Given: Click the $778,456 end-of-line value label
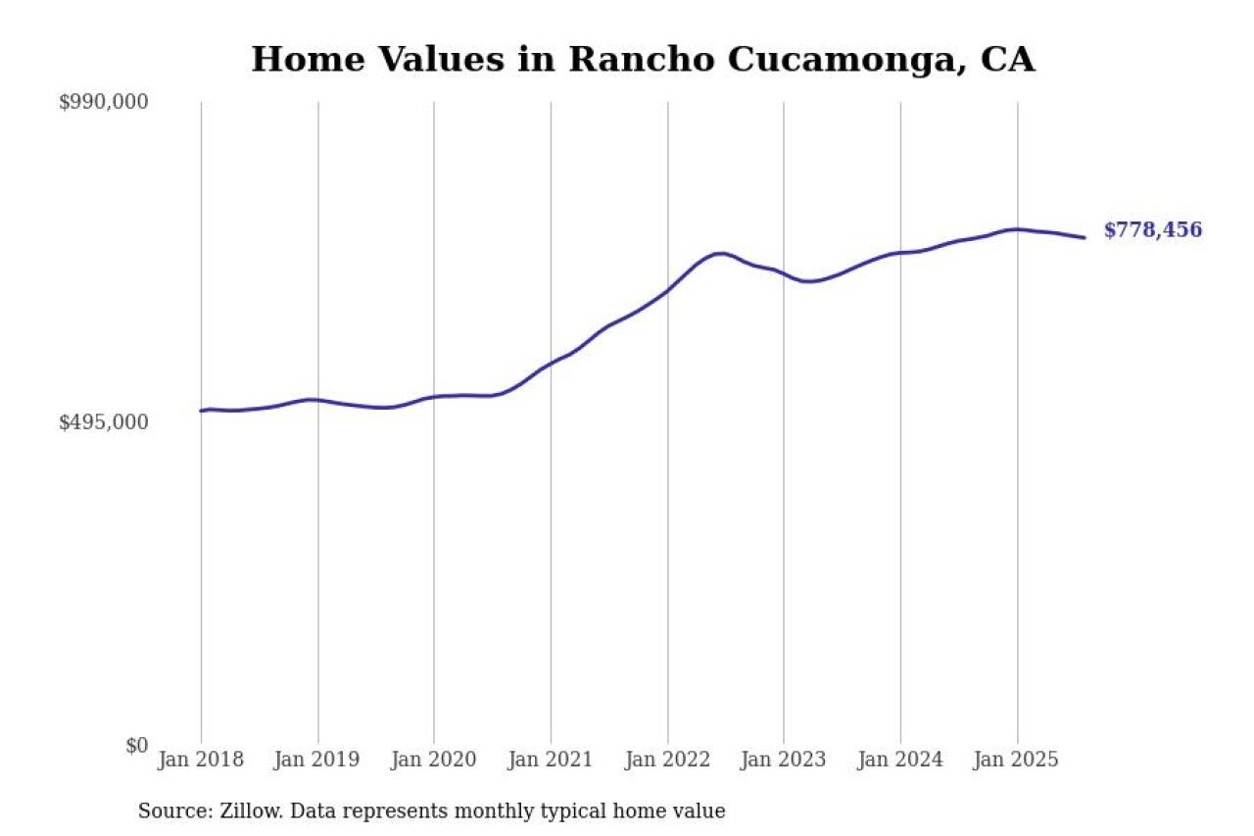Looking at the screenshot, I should [1152, 231].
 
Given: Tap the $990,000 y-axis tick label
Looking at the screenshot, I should [103, 102].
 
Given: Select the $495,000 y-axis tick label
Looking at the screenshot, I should [103, 422].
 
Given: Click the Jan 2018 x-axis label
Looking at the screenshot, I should [201, 761].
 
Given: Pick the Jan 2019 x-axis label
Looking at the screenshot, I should [317, 761].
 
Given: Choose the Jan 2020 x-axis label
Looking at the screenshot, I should [434, 761].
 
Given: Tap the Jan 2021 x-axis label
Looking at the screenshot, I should [551, 761].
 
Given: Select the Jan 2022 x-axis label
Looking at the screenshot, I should [667, 761].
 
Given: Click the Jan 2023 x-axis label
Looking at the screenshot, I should [784, 761].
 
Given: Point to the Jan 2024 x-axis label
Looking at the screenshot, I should [900, 761].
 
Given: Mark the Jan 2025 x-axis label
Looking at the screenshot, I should [1017, 761].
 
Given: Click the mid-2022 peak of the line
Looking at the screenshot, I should [720, 254].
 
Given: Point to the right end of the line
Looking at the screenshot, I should [1084, 237].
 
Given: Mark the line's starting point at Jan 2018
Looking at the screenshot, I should [201, 411].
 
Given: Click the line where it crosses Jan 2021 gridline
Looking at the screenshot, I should [551, 364].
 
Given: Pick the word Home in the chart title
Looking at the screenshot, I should [304, 60].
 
